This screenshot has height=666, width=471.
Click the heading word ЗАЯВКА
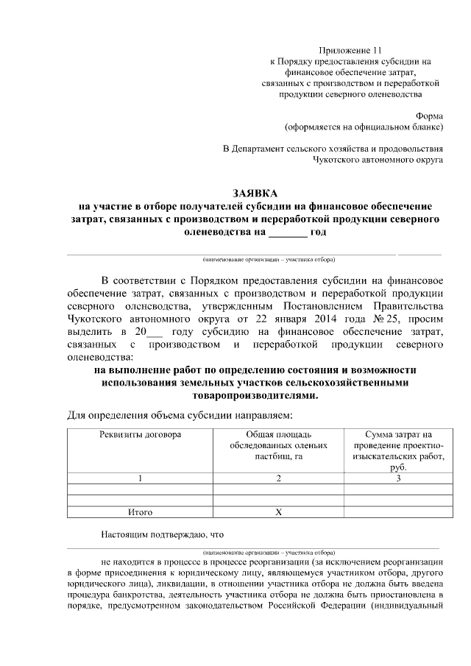[x=254, y=193]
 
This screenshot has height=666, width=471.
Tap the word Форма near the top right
[x=429, y=115]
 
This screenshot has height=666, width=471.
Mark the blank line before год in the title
[x=288, y=233]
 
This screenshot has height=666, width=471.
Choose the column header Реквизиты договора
[x=140, y=434]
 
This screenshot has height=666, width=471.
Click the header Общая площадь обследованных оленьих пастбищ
[x=278, y=445]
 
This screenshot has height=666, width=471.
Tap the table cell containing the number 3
[x=398, y=478]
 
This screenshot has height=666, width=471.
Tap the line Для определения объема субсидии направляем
[x=180, y=416]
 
